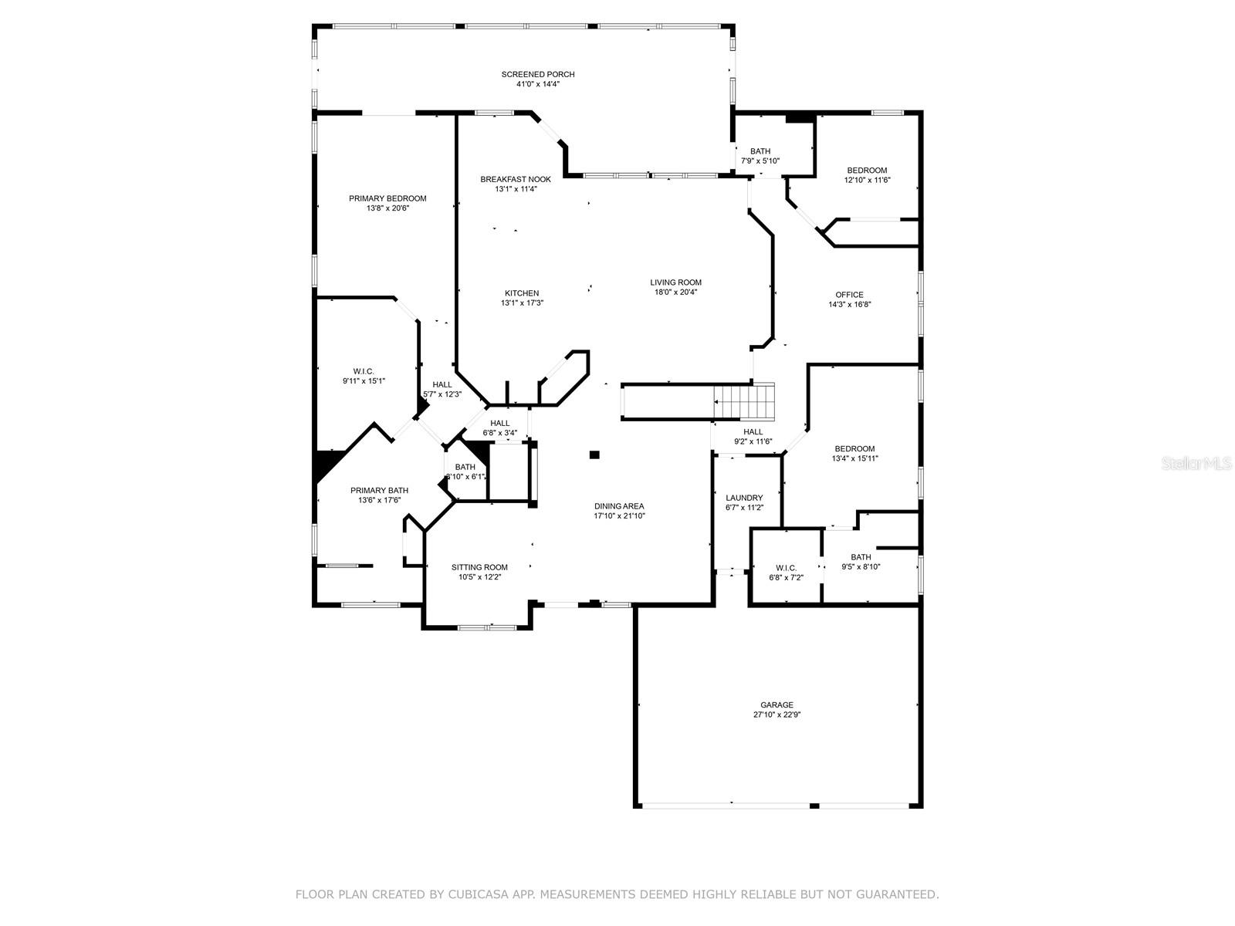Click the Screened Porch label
(x=538, y=74)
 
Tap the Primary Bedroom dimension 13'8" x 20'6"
(x=387, y=208)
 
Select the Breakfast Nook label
(x=516, y=179)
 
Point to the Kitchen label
(x=522, y=293)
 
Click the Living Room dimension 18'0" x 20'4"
(x=675, y=292)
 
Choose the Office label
(x=849, y=295)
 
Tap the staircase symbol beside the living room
(x=744, y=401)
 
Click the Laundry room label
(x=744, y=498)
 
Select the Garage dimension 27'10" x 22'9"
(x=777, y=715)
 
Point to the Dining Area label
(x=619, y=506)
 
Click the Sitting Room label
(x=479, y=567)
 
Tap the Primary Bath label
(x=379, y=490)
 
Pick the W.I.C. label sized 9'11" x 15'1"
(x=364, y=371)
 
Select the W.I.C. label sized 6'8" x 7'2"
(x=786, y=568)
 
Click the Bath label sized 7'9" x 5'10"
(x=760, y=151)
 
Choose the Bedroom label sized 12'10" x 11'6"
(x=867, y=171)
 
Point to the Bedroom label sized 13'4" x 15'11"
(x=854, y=448)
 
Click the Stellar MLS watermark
(x=1196, y=463)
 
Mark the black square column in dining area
(x=594, y=455)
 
